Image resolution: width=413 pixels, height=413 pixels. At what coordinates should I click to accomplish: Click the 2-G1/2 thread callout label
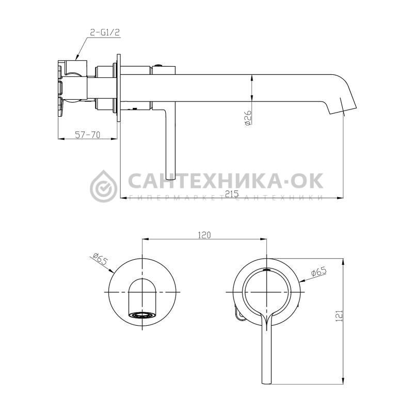tap(105, 33)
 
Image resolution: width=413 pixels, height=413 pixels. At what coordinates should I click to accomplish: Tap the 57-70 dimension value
tap(88, 135)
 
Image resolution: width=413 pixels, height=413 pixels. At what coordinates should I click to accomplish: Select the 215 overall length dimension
tap(232, 194)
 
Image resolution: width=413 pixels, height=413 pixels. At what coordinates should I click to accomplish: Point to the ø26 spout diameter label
tap(248, 118)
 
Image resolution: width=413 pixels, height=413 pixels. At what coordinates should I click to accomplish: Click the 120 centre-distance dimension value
tap(204, 235)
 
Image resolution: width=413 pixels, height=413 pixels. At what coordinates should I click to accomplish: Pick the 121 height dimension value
tap(339, 316)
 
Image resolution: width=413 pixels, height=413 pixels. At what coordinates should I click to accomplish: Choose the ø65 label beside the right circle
tap(319, 272)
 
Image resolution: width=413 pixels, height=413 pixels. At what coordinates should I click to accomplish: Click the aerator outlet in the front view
tap(142, 315)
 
